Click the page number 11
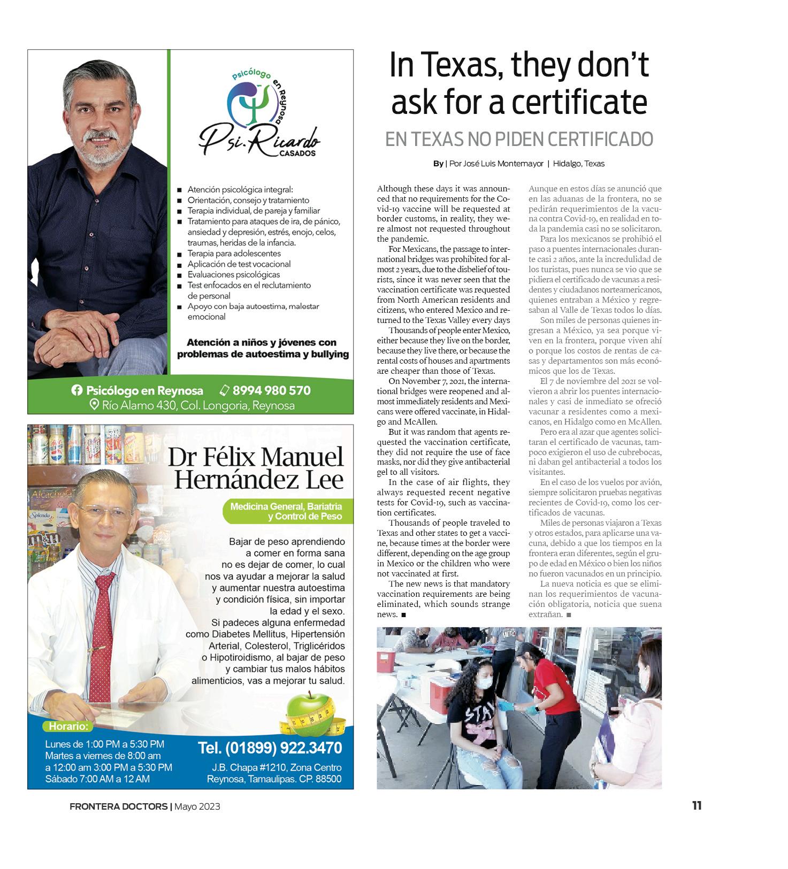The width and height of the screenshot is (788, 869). (x=697, y=805)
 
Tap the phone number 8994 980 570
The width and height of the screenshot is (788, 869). (x=271, y=390)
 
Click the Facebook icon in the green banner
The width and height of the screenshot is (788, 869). (x=77, y=390)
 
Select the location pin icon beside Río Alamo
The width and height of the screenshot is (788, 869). (x=94, y=405)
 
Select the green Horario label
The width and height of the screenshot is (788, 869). (x=68, y=726)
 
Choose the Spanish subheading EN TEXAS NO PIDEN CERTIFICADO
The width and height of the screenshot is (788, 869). (x=519, y=139)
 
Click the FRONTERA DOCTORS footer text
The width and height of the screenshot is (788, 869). (x=118, y=806)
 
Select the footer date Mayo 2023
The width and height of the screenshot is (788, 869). (x=197, y=806)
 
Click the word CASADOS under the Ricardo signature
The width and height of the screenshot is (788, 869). (x=297, y=153)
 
